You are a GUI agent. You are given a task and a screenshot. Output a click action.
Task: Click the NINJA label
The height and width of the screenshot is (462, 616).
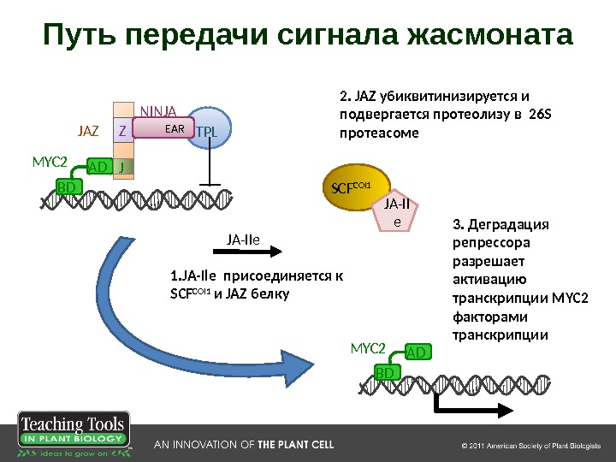157,110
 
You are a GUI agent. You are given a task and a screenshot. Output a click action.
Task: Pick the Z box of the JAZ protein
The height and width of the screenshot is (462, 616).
122,132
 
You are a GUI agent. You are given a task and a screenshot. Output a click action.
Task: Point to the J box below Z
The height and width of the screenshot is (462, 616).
122,166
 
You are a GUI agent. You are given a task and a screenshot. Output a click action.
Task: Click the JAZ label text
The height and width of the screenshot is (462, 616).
88,132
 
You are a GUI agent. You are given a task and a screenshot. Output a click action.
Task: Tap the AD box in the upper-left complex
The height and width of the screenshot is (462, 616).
98,167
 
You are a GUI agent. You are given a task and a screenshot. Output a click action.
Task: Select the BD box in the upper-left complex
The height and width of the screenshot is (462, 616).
66,186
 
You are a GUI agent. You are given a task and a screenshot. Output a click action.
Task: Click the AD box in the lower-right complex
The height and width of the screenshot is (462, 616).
416,352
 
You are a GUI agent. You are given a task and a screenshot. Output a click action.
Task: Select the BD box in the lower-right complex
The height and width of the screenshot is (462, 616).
386,372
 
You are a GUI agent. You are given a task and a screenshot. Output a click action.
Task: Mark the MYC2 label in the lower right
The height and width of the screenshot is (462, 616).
368,348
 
